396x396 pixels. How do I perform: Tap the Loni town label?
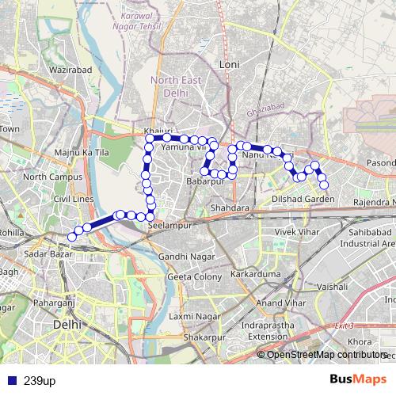coord(230,63)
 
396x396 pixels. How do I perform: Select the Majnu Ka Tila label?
coord(82,151)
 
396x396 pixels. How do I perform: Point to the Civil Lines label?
coord(74,199)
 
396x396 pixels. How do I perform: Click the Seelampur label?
coord(166,225)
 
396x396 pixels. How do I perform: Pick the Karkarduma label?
coord(252,273)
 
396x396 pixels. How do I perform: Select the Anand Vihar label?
coord(280,303)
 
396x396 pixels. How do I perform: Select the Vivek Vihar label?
coord(294,231)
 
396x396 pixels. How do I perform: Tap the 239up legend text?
coord(40,380)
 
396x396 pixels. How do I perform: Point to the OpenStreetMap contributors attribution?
coord(327,354)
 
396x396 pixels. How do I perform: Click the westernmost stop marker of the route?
coord(72,236)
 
